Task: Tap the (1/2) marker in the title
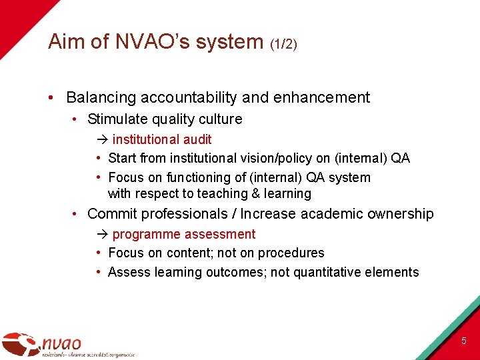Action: click(284, 44)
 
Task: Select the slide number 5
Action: click(464, 341)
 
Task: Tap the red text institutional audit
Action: click(162, 139)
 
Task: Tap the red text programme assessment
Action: click(184, 234)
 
